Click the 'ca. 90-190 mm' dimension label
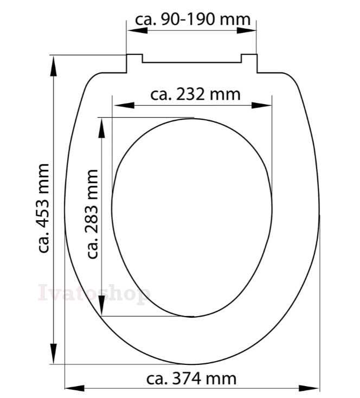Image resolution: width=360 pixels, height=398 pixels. tap(192, 20)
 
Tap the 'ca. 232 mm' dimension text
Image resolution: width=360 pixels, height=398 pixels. tap(195, 94)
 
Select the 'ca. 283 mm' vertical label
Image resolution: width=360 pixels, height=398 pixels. tap(92, 214)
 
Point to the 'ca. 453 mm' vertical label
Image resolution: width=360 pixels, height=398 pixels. tap(43, 208)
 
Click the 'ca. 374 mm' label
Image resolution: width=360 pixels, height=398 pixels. tap(191, 378)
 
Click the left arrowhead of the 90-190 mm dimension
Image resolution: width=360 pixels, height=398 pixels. tap(137, 30)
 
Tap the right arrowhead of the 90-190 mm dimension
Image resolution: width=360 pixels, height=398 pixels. tap(246, 30)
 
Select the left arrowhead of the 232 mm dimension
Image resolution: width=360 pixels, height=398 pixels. tap(124, 105)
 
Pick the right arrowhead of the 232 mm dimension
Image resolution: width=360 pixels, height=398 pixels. tap(261, 105)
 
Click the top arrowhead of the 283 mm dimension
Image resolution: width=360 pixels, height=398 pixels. tap(101, 128)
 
